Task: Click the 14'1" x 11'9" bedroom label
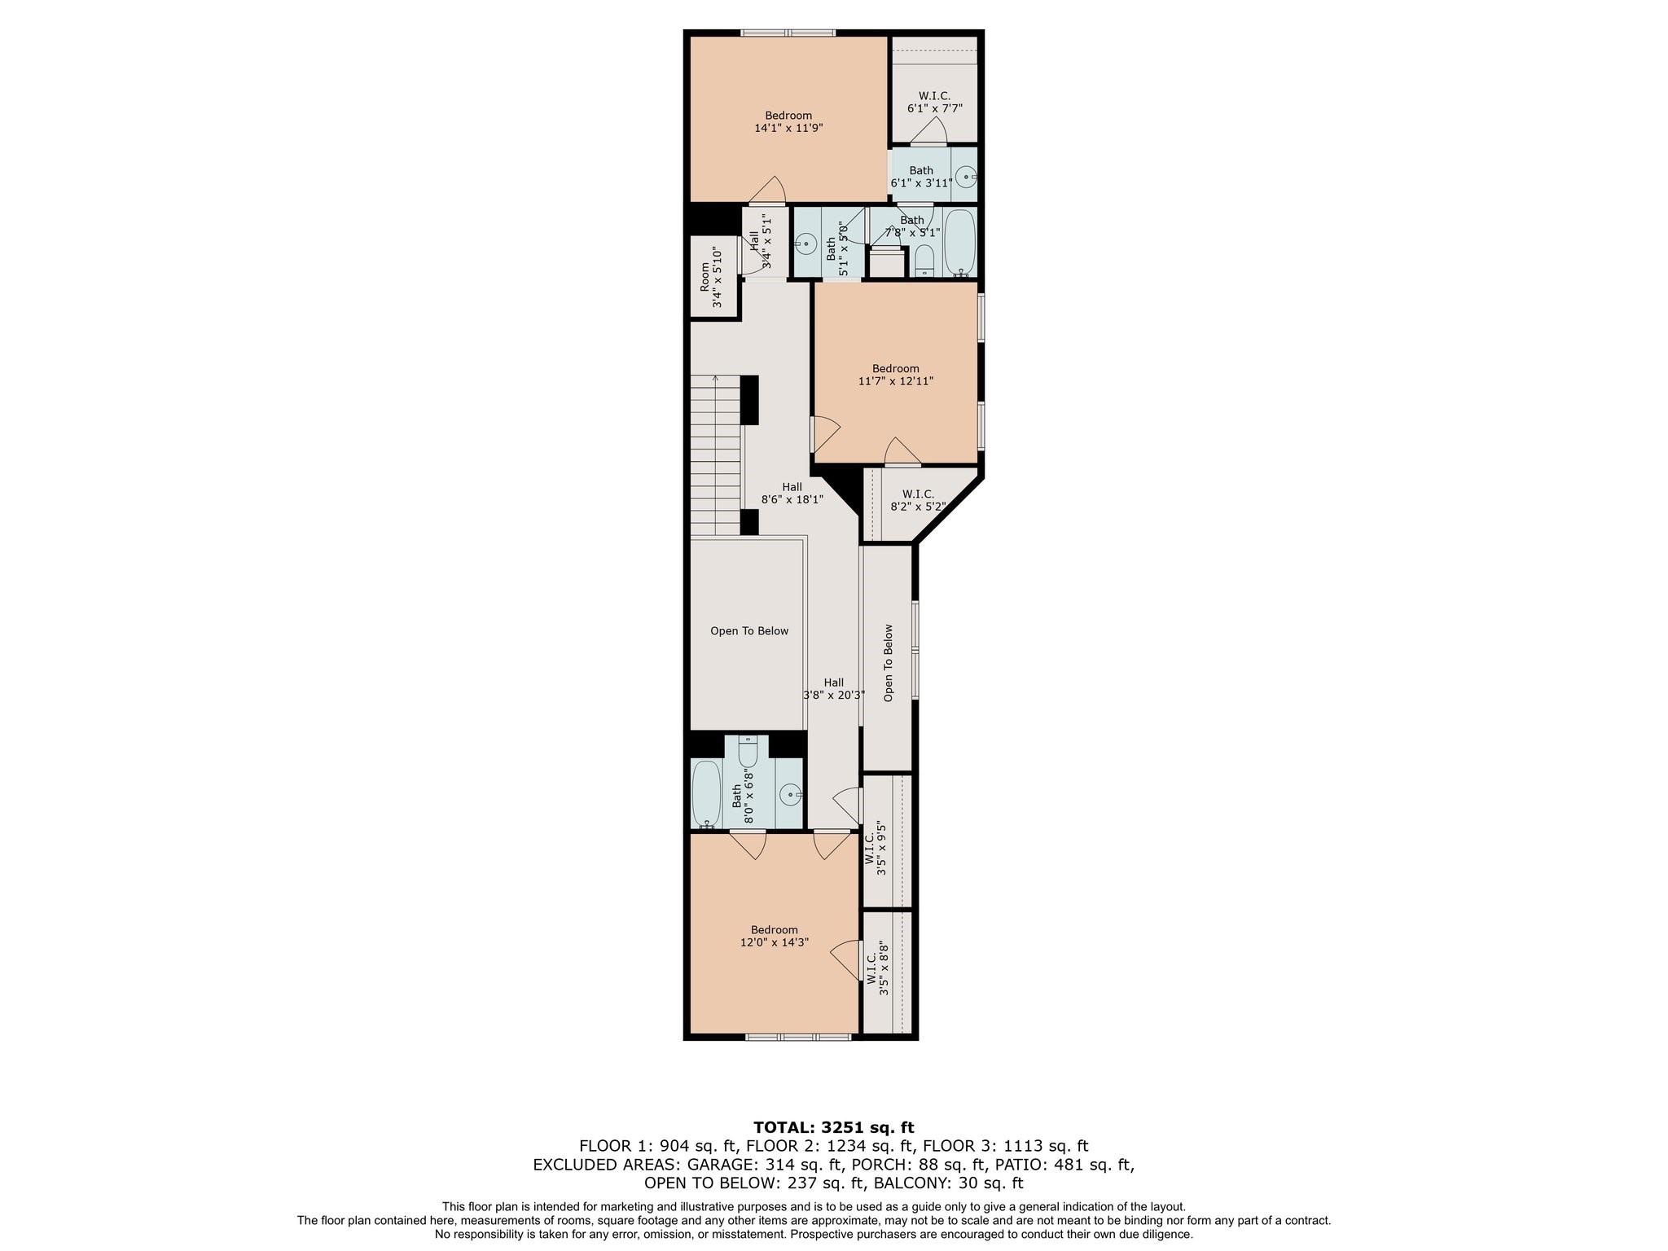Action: (788, 122)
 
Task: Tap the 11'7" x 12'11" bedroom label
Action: (896, 375)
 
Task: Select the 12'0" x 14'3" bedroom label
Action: (775, 936)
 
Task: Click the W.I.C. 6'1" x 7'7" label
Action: (935, 102)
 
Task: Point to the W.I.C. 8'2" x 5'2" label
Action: (918, 500)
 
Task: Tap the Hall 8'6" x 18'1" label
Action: (792, 494)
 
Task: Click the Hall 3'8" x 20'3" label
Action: (834, 689)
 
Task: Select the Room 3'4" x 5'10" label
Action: (711, 277)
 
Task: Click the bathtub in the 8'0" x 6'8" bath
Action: (705, 793)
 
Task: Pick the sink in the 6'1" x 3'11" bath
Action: (966, 176)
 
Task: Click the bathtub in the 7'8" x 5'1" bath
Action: (960, 243)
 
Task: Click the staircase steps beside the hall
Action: (716, 454)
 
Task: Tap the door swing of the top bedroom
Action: (768, 190)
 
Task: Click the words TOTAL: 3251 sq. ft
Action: (834, 1127)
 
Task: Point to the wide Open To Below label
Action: (749, 631)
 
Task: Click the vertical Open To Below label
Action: (889, 663)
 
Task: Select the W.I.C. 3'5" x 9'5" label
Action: (875, 853)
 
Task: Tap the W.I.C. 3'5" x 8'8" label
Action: (875, 968)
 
